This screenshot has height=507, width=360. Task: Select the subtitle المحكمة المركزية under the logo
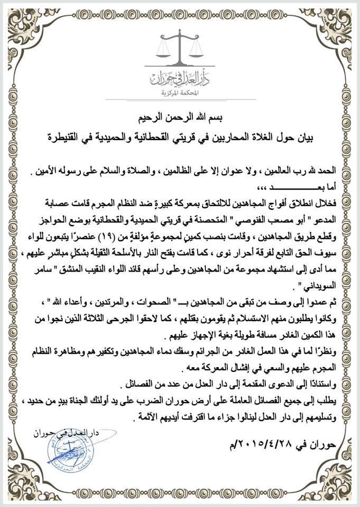coord(180,92)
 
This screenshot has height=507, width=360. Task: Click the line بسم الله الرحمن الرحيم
coord(180,117)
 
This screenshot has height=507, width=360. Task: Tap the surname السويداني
coord(322,289)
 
